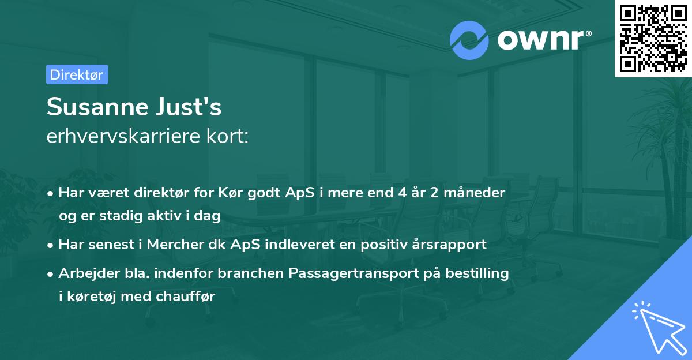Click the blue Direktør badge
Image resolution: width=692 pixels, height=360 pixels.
pos(77,74)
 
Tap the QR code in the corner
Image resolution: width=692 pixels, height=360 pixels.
pos(653,38)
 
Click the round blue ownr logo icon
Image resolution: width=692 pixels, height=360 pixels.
pos(469,40)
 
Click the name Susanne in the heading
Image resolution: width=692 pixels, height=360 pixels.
pos(97,107)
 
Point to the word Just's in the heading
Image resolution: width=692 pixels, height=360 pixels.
pos(189,107)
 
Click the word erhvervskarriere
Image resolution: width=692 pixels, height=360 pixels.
pos(123,136)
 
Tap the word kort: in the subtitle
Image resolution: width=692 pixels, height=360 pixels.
pos(227,136)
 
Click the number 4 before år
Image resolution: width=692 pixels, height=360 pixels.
pos(403,193)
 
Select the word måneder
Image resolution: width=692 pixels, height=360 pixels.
pos(474,192)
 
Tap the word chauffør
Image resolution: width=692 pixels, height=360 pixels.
pos(185,297)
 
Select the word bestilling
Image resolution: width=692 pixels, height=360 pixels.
pos(477,273)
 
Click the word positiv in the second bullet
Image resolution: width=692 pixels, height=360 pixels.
pos(384,245)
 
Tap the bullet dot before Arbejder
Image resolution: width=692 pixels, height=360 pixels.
pos(50,274)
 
